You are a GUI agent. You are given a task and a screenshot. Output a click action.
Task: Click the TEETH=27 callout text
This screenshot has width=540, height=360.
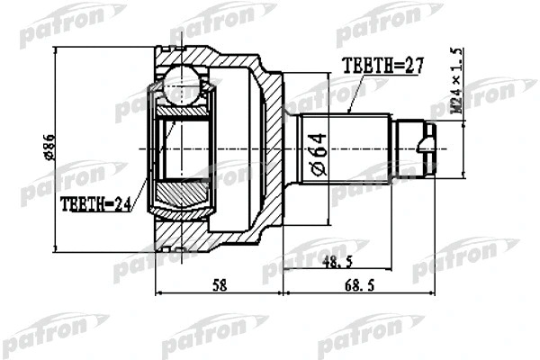[x=382, y=66]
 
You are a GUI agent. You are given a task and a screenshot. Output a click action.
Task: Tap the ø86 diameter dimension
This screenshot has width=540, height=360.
[x=49, y=147]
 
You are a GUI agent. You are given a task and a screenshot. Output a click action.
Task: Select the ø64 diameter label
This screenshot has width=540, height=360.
[x=319, y=155]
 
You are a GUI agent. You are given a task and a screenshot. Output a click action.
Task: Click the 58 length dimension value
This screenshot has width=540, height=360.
[x=220, y=285]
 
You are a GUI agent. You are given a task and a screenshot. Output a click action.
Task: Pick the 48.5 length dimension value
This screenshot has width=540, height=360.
[x=337, y=263]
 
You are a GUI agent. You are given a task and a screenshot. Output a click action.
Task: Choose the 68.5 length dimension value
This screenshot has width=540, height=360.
[x=359, y=285]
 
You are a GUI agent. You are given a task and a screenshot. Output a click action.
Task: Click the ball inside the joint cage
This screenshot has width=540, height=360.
[x=182, y=84]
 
